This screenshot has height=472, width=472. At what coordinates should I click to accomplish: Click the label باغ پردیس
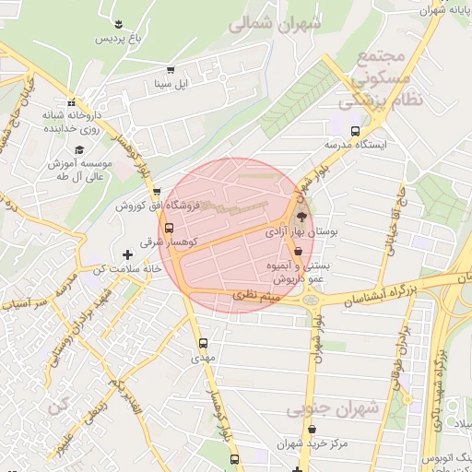click(119, 39)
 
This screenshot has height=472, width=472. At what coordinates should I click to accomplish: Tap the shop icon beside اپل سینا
click(170, 70)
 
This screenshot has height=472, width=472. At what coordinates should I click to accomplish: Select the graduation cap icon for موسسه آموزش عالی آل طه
click(78, 148)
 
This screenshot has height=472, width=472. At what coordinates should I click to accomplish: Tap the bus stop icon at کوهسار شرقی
click(169, 229)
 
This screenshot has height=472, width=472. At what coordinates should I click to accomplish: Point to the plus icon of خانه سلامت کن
click(127, 254)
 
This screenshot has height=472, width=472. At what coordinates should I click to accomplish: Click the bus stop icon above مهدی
click(204, 343)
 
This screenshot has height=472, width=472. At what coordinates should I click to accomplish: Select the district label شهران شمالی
click(275, 25)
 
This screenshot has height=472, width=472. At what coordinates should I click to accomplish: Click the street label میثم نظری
click(257, 296)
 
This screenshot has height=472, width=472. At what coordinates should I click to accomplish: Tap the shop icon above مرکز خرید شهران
click(313, 430)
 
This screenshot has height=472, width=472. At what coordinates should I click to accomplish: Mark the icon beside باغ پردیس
click(119, 22)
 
